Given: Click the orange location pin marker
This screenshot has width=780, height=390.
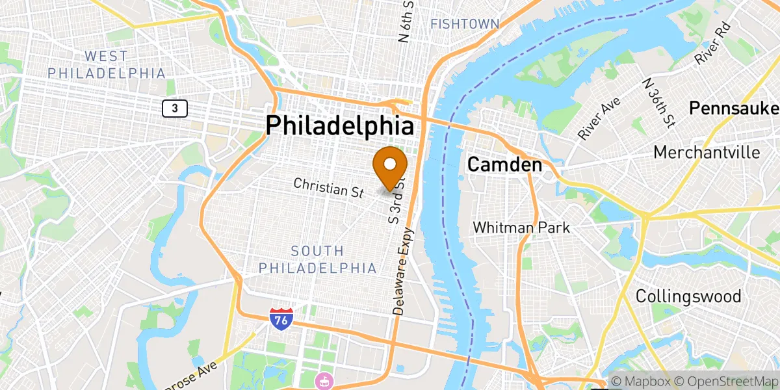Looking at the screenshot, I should tap(390, 166).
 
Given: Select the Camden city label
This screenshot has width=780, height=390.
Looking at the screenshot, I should tap(505, 165).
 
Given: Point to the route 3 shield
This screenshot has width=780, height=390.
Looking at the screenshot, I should tap(175, 109).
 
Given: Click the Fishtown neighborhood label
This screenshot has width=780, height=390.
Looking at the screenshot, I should tap(465, 24).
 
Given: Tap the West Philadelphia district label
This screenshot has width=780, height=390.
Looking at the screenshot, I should tap(107, 65).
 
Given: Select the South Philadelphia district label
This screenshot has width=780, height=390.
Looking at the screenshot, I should tap(317, 259).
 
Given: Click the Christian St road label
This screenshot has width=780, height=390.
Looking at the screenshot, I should tap(328, 188).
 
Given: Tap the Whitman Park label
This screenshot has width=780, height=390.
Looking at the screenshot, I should tap(521, 227).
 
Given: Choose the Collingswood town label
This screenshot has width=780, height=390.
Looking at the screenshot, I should tap(688, 296).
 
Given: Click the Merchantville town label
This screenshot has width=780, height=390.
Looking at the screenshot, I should tap(707, 152).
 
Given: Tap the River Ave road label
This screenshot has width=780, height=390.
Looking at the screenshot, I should tap(599, 118).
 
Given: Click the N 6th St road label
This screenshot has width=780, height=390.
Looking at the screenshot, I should tap(407, 21).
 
